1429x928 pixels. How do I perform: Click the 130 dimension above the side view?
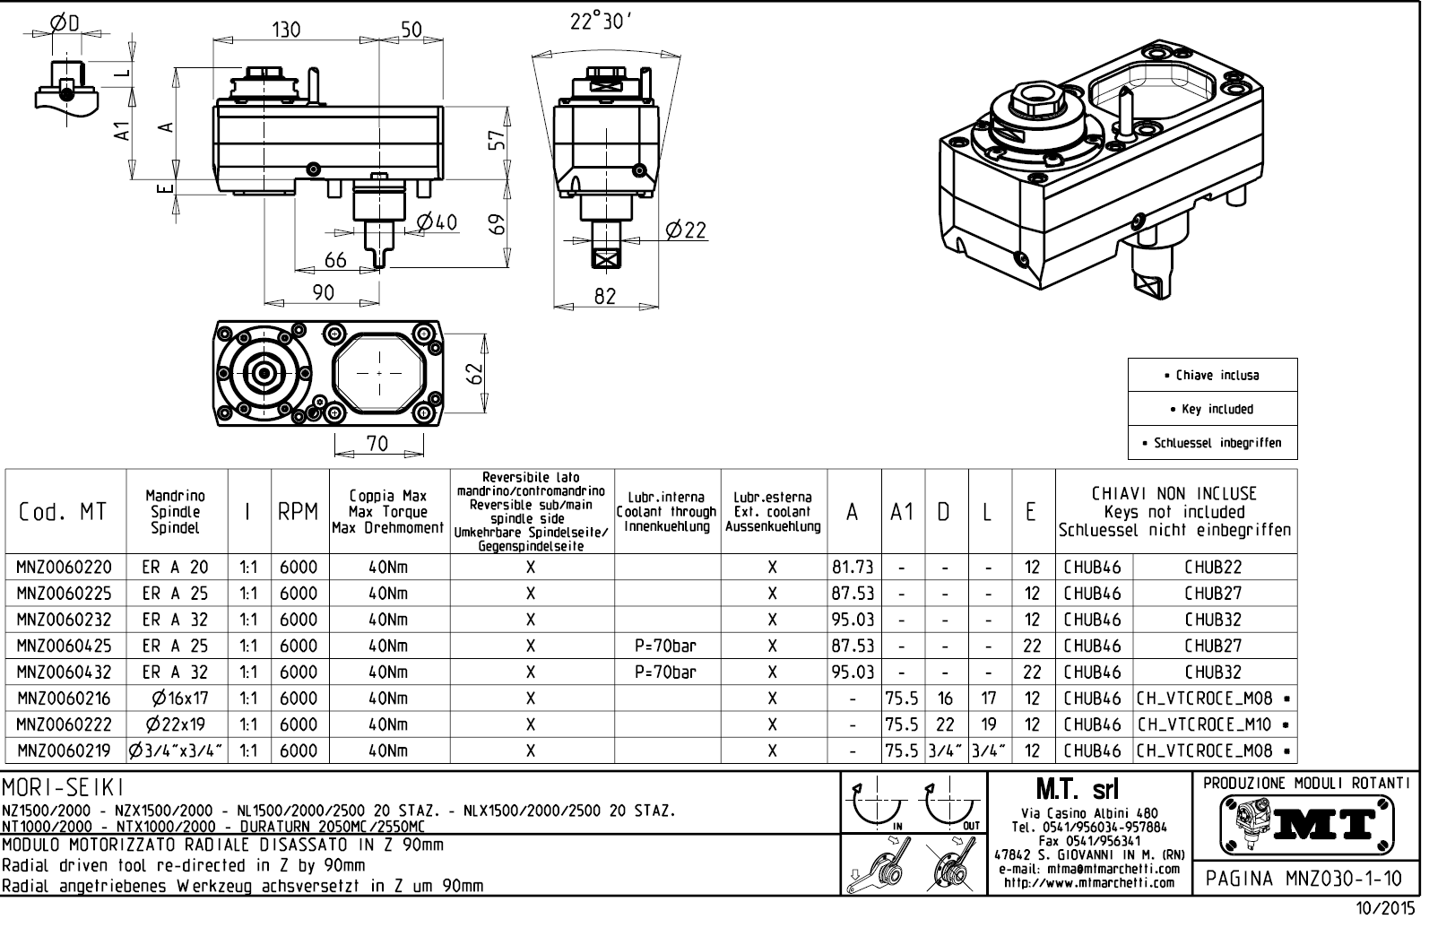287,29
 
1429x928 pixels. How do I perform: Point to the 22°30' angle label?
602,22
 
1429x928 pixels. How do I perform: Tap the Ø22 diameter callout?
686,230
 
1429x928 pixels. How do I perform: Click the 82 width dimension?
606,295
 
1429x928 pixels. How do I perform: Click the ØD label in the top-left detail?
64,22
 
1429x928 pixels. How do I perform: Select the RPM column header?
299,512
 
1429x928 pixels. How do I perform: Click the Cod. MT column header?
64,512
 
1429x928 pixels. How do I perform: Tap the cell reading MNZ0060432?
64,672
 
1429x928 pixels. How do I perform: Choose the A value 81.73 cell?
853,568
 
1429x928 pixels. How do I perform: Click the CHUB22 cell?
1213,568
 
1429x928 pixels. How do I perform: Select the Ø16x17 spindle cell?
176,698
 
